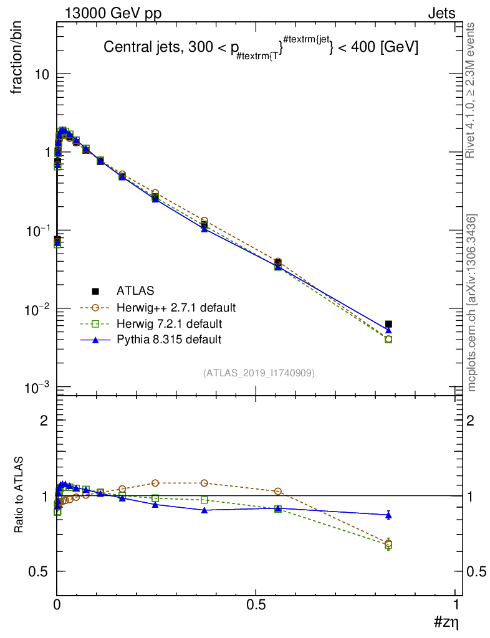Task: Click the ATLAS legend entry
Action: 135,290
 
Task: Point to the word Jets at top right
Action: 441,13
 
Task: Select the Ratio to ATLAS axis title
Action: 21,495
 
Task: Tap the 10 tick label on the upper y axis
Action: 41,74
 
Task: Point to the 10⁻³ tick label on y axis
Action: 37,388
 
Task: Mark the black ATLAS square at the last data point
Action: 388,324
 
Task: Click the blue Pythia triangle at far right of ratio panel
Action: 388,515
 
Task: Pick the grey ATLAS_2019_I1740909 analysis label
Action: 259,373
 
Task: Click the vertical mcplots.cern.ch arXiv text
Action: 472,303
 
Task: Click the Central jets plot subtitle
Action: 261,49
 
